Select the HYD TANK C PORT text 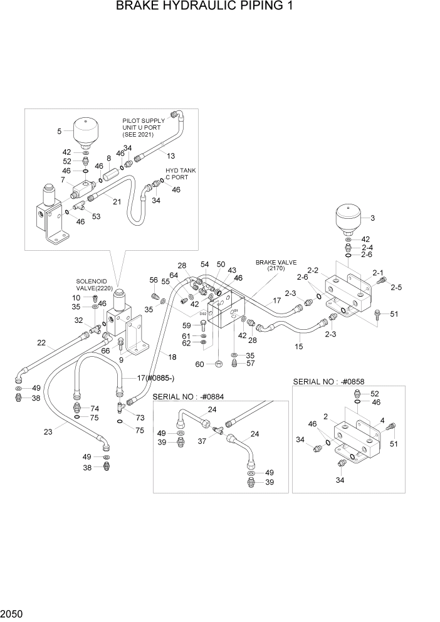[x=181, y=173]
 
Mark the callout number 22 [x=41, y=342]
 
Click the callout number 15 [x=298, y=346]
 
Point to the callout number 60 [x=201, y=364]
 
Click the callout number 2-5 [x=395, y=288]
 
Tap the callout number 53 [x=96, y=216]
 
